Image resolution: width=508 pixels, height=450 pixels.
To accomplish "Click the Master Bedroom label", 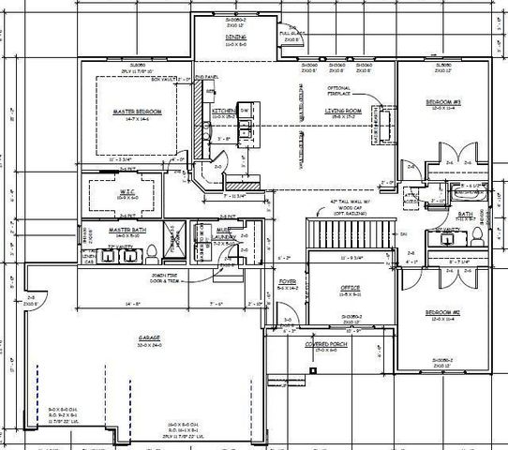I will point(138,112).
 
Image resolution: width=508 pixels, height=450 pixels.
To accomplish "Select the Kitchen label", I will point(222,111).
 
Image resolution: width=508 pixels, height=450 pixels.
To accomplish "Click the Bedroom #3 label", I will point(443,100).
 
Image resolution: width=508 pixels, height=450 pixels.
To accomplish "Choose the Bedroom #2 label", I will point(442,313).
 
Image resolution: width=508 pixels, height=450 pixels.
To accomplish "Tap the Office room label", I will point(350,287).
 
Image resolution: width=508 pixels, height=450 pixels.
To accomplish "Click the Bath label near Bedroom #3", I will point(465,215).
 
